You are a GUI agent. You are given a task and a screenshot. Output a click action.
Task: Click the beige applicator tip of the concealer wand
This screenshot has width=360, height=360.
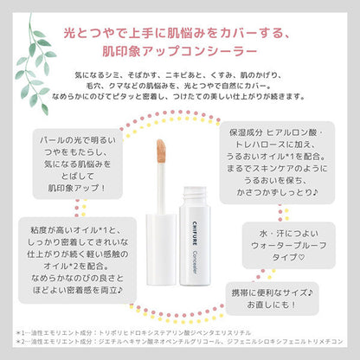click(159, 169)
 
